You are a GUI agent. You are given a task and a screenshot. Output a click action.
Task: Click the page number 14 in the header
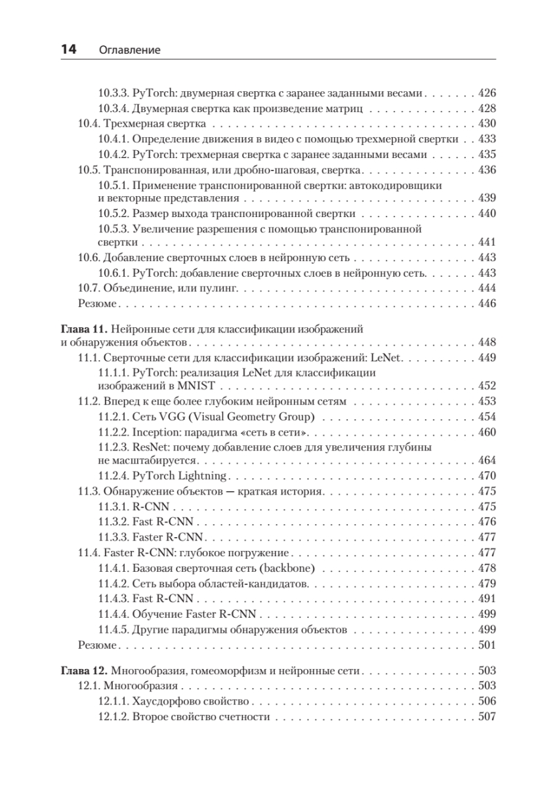[68, 49]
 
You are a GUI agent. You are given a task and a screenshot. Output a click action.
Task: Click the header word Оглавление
[130, 50]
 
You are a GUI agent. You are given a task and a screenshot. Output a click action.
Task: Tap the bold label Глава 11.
[84, 329]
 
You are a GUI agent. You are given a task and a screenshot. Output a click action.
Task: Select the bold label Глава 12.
[84, 671]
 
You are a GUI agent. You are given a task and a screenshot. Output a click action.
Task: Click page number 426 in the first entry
[487, 94]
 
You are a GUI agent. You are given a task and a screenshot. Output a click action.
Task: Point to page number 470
[487, 475]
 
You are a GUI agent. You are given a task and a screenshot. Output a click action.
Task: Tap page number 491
[487, 598]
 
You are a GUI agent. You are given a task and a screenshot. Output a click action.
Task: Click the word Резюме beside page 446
[97, 303]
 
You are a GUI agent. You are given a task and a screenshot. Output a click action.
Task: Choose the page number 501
[487, 645]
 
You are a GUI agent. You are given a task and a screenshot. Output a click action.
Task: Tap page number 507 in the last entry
[487, 717]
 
